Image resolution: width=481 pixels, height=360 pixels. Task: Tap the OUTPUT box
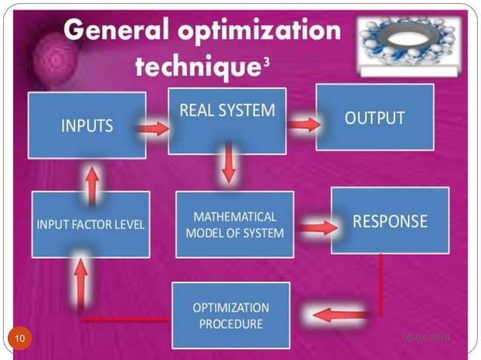[x=375, y=117]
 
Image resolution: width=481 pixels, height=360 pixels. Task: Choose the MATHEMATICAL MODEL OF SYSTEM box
[x=234, y=224]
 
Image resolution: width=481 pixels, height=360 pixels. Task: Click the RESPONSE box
[x=391, y=221]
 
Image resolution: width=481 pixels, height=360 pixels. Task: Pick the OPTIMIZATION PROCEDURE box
[x=231, y=315]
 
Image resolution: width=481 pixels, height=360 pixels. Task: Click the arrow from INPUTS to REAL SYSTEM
[x=152, y=129]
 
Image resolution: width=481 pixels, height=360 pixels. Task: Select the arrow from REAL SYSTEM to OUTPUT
[x=304, y=124]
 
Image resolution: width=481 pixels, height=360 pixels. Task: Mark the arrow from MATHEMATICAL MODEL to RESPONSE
[x=317, y=226]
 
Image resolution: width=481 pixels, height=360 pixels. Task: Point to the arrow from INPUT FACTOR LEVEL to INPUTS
[x=92, y=184]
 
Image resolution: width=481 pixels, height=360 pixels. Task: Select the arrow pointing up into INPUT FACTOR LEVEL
[x=81, y=276]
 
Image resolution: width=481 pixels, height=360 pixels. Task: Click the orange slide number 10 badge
[x=20, y=338]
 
